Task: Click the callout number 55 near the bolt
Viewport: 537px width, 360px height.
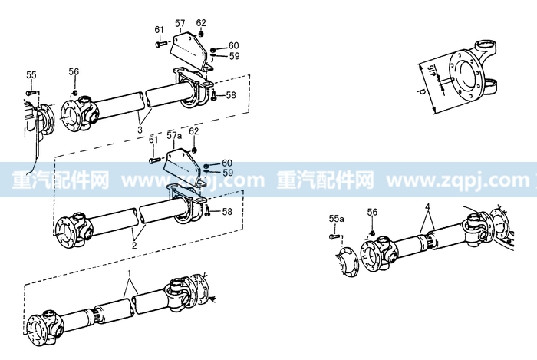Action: click(31, 75)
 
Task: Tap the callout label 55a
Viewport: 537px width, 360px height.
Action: click(336, 219)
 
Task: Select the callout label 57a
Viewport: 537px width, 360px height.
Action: click(174, 136)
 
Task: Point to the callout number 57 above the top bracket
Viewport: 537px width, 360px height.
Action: click(180, 23)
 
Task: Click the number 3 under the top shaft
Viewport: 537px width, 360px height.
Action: click(140, 130)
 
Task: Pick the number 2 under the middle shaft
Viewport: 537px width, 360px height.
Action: click(134, 246)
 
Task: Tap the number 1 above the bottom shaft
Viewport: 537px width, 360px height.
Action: click(130, 273)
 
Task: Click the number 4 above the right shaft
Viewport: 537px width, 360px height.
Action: click(427, 207)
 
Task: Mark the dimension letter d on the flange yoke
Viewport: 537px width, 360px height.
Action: click(423, 91)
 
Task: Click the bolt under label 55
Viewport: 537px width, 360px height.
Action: click(31, 92)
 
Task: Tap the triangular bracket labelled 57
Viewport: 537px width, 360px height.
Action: click(190, 51)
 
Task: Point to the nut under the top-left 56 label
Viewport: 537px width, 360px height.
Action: click(74, 93)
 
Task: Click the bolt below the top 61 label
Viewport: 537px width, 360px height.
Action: click(160, 44)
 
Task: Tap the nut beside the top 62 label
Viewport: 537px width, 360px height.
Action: click(201, 34)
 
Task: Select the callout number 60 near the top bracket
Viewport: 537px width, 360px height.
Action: click(233, 45)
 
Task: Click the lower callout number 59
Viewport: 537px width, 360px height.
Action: click(228, 173)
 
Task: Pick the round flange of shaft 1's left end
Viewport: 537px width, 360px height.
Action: click(37, 330)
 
